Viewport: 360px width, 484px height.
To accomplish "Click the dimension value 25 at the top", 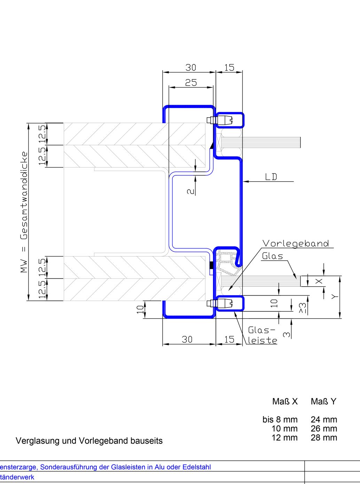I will tap(191, 83).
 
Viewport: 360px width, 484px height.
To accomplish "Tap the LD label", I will tap(271, 177).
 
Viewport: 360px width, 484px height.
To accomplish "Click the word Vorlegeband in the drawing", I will tap(296, 243).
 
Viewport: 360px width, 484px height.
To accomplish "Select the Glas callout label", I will tap(272, 256).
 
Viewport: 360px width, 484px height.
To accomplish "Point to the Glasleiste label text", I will tap(262, 335).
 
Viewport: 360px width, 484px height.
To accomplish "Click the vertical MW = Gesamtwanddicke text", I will tap(24, 212).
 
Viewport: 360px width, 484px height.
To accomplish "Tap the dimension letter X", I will tap(319, 281).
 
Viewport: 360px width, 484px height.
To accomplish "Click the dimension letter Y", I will tap(335, 297).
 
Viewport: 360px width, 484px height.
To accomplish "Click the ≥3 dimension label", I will tap(303, 308).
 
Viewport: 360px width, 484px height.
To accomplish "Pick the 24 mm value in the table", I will tap(324, 420).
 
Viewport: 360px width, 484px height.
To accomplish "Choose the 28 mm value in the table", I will tap(324, 438).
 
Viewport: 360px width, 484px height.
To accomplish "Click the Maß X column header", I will tap(285, 401).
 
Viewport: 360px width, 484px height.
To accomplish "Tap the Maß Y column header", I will tap(323, 401).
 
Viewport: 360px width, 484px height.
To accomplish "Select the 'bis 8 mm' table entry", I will tap(280, 420).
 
